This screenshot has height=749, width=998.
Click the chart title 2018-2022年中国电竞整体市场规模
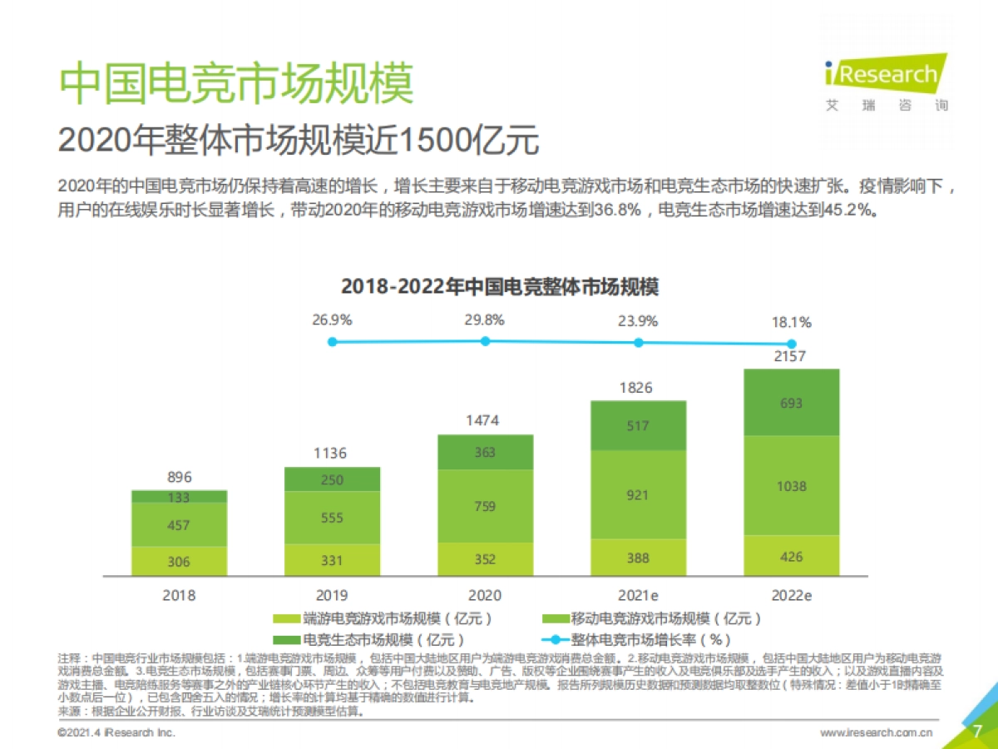coord(500,287)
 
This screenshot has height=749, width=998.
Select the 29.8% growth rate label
coord(485,320)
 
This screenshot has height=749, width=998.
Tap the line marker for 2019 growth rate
coord(332,341)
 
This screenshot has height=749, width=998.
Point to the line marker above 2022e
coord(792,344)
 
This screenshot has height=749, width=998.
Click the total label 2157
coord(791,356)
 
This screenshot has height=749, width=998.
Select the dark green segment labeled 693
coord(791,403)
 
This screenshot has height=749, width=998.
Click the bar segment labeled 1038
coord(791,485)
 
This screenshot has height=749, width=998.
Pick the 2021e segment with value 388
coord(638,558)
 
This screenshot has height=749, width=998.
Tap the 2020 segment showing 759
coord(485,506)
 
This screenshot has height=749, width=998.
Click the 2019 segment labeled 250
coord(332,479)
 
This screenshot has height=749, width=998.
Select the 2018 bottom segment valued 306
coord(179,561)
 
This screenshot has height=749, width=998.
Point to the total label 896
coord(179,477)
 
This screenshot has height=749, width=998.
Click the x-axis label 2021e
coord(638,595)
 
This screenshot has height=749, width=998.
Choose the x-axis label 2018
coord(179,595)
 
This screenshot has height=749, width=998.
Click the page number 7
coord(977,731)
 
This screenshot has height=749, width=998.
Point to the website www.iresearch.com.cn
coord(876,732)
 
